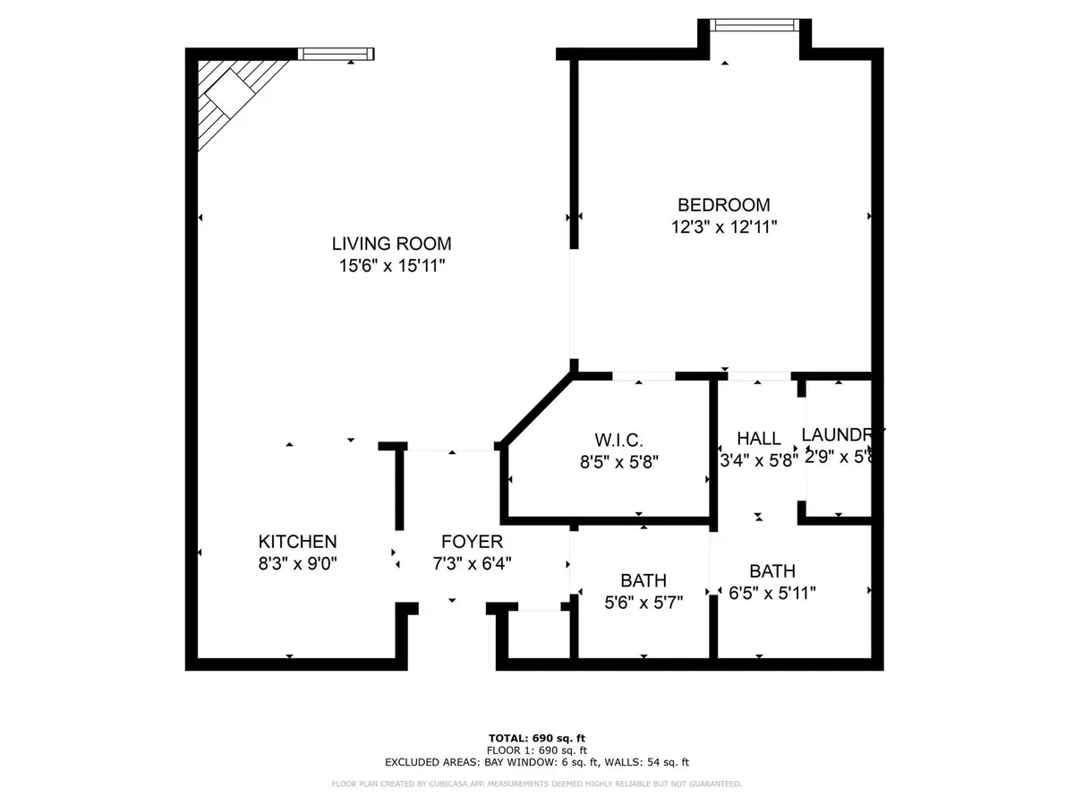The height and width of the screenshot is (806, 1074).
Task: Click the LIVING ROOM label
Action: click(x=391, y=243)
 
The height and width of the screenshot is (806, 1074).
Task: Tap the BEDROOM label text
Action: click(x=723, y=204)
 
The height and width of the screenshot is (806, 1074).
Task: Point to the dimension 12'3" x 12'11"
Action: click(x=724, y=227)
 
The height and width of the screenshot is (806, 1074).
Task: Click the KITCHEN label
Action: click(x=297, y=541)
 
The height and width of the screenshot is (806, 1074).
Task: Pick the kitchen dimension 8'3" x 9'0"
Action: click(x=297, y=564)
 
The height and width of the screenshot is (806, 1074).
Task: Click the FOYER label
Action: click(x=472, y=541)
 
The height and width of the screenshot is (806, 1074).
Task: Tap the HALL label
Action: click(x=758, y=439)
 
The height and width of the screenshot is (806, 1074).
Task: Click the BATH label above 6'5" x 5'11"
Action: click(x=772, y=570)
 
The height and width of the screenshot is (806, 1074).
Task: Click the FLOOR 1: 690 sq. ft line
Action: click(x=536, y=750)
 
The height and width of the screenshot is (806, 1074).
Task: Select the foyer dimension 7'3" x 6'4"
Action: click(x=472, y=564)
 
